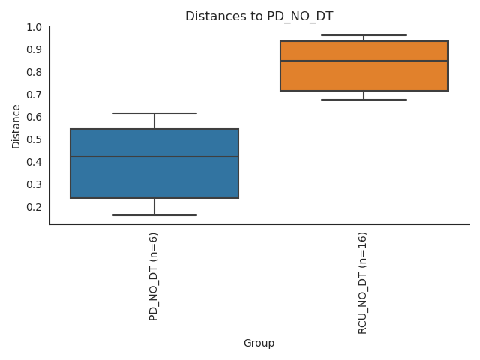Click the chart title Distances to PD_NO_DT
tap(258, 15)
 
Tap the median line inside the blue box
tap(154, 157)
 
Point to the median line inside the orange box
tap(364, 61)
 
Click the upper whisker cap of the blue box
tap(154, 112)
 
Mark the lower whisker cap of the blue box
tap(154, 215)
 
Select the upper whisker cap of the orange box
tap(364, 35)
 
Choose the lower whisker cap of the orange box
tap(364, 99)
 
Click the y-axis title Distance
tap(16, 126)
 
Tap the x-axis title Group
tap(259, 343)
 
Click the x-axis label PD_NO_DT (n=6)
tap(154, 277)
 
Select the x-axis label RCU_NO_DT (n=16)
tap(363, 283)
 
